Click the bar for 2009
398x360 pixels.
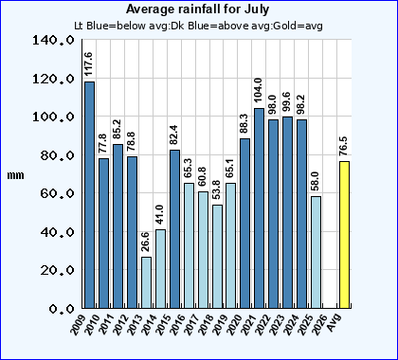(89, 194)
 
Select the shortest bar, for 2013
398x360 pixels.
(146, 282)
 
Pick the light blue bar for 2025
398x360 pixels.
(317, 252)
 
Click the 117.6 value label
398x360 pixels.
(89, 65)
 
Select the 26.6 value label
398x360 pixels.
(146, 242)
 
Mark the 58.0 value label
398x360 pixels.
(317, 180)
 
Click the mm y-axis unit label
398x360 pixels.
(13, 175)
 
